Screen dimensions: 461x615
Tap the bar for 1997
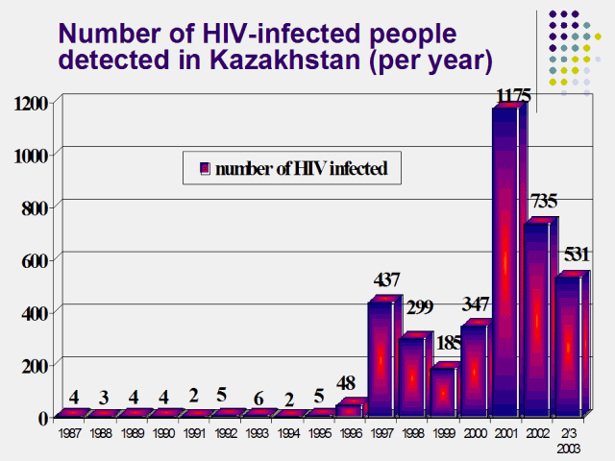(x=381, y=359)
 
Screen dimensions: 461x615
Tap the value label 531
(x=575, y=255)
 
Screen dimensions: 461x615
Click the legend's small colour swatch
(x=204, y=169)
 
